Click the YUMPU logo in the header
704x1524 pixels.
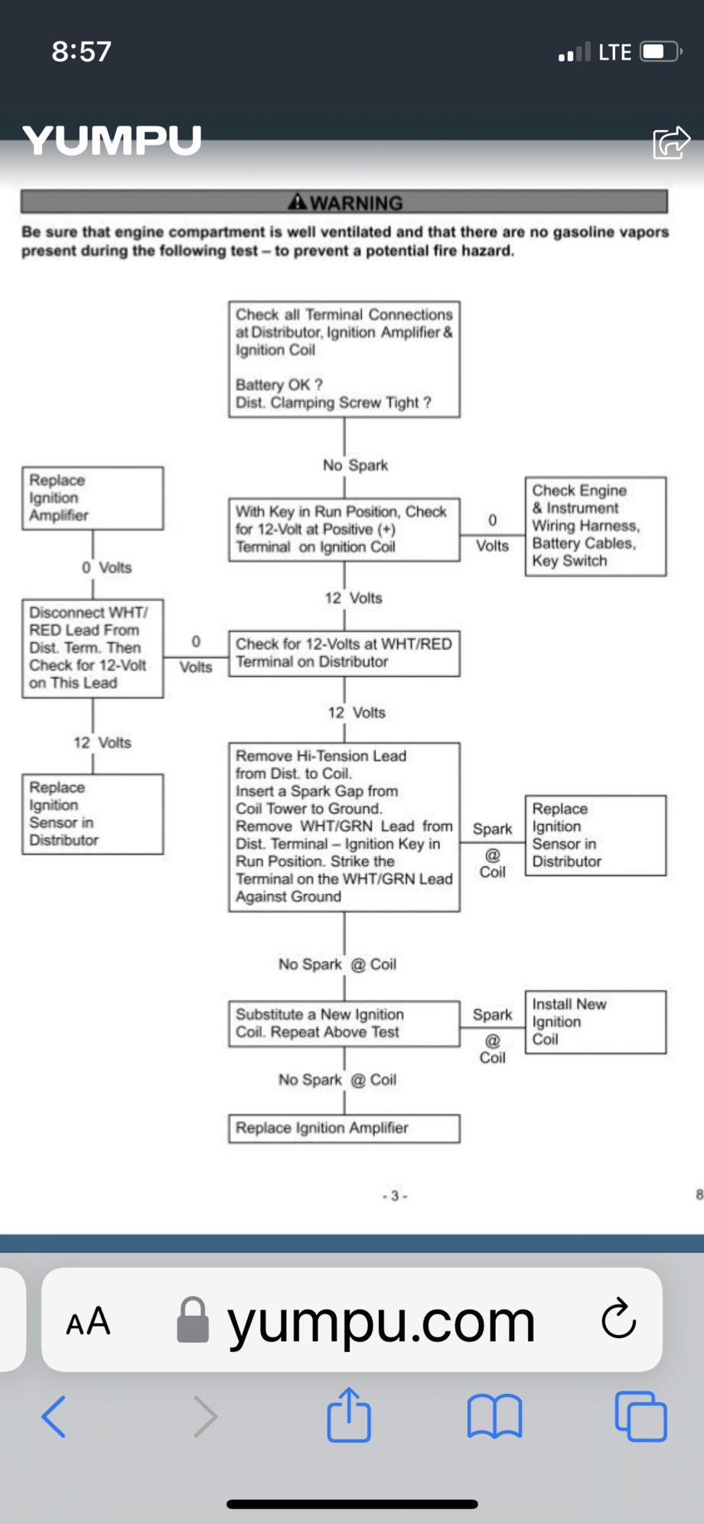tap(112, 141)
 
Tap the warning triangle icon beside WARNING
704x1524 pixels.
tap(297, 202)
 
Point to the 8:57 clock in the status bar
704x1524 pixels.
tap(81, 51)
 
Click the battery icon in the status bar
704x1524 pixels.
tap(660, 52)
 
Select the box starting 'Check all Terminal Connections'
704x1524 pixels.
tap(344, 359)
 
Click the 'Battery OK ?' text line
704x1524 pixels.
tap(279, 385)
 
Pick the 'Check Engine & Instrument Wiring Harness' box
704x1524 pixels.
tap(595, 526)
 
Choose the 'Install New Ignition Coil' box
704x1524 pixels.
tap(595, 1022)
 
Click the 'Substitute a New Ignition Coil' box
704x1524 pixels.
tap(344, 1024)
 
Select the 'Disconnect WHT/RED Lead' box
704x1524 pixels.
tap(92, 648)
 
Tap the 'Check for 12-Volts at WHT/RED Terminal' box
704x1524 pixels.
tap(344, 653)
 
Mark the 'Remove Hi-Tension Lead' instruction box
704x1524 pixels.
tap(344, 827)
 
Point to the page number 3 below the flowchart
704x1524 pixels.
tap(395, 1196)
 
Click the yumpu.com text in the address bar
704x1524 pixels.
tap(380, 1321)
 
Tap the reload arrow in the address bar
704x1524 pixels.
tap(618, 1319)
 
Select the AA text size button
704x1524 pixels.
tap(88, 1321)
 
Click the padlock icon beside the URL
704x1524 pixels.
tap(193, 1320)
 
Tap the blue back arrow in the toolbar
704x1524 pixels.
tap(54, 1417)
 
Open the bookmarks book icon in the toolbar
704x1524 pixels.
tap(494, 1417)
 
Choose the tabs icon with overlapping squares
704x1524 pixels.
tap(640, 1417)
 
